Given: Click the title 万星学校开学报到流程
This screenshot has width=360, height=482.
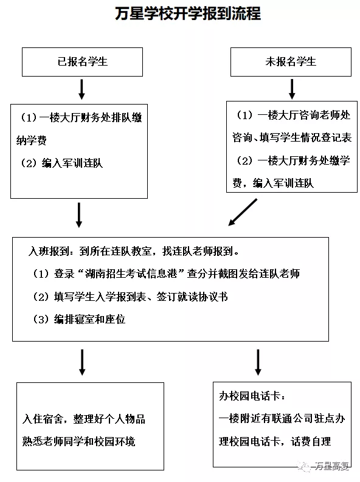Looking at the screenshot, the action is click(x=188, y=13).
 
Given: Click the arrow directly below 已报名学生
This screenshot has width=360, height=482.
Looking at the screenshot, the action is click(x=81, y=89).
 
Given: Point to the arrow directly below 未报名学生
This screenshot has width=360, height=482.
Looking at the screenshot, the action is click(x=292, y=89).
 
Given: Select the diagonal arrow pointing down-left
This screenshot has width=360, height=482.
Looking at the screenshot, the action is click(x=243, y=212).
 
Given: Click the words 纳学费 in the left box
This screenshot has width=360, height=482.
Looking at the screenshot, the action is click(x=32, y=140).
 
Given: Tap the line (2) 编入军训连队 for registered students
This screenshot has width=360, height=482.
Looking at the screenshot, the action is click(x=61, y=163).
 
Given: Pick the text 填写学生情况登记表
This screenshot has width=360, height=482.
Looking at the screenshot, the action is click(x=306, y=137).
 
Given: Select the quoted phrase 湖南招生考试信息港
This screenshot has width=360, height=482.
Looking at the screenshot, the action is click(x=131, y=274).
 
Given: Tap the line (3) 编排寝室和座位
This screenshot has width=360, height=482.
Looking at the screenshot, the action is click(x=79, y=319).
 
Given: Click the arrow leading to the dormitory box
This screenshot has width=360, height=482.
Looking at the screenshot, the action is click(x=82, y=362).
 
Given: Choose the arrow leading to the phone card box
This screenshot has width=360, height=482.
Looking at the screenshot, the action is click(x=258, y=362).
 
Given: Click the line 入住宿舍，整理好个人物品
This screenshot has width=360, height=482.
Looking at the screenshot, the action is click(x=84, y=419).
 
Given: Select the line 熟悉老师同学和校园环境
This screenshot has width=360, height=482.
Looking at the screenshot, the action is click(x=78, y=442).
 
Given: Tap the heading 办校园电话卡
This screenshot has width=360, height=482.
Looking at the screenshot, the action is click(x=249, y=396).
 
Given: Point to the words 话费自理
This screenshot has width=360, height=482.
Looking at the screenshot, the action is click(x=311, y=442).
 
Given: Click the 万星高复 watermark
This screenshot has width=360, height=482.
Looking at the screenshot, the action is click(x=324, y=466).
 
